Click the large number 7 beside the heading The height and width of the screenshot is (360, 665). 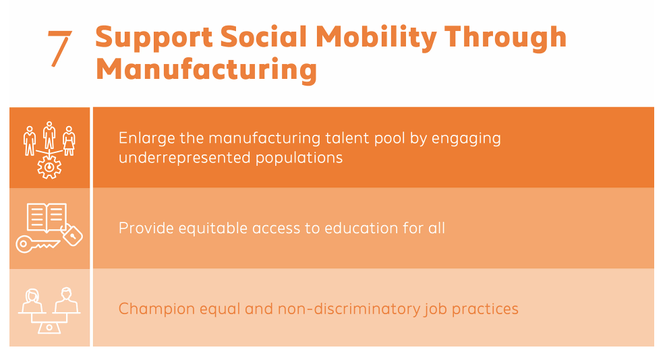coord(59,49)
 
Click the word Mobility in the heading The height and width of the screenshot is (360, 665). coord(376,38)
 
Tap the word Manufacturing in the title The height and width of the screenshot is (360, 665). coord(206,69)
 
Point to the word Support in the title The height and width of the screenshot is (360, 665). coord(154,38)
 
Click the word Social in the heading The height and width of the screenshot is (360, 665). coord(264,36)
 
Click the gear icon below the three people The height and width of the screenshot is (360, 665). coord(49,167)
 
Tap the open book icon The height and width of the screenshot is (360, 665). coord(47,217)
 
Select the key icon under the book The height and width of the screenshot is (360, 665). coord(37,244)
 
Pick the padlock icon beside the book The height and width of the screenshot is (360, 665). coord(71,235)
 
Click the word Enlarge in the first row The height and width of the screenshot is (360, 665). coord(147,138)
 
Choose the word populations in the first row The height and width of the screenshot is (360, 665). coord(299,158)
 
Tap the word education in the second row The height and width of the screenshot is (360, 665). coord(362,228)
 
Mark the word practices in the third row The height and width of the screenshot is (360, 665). coord(485,309)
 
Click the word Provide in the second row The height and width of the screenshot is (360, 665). coord(146,228)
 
